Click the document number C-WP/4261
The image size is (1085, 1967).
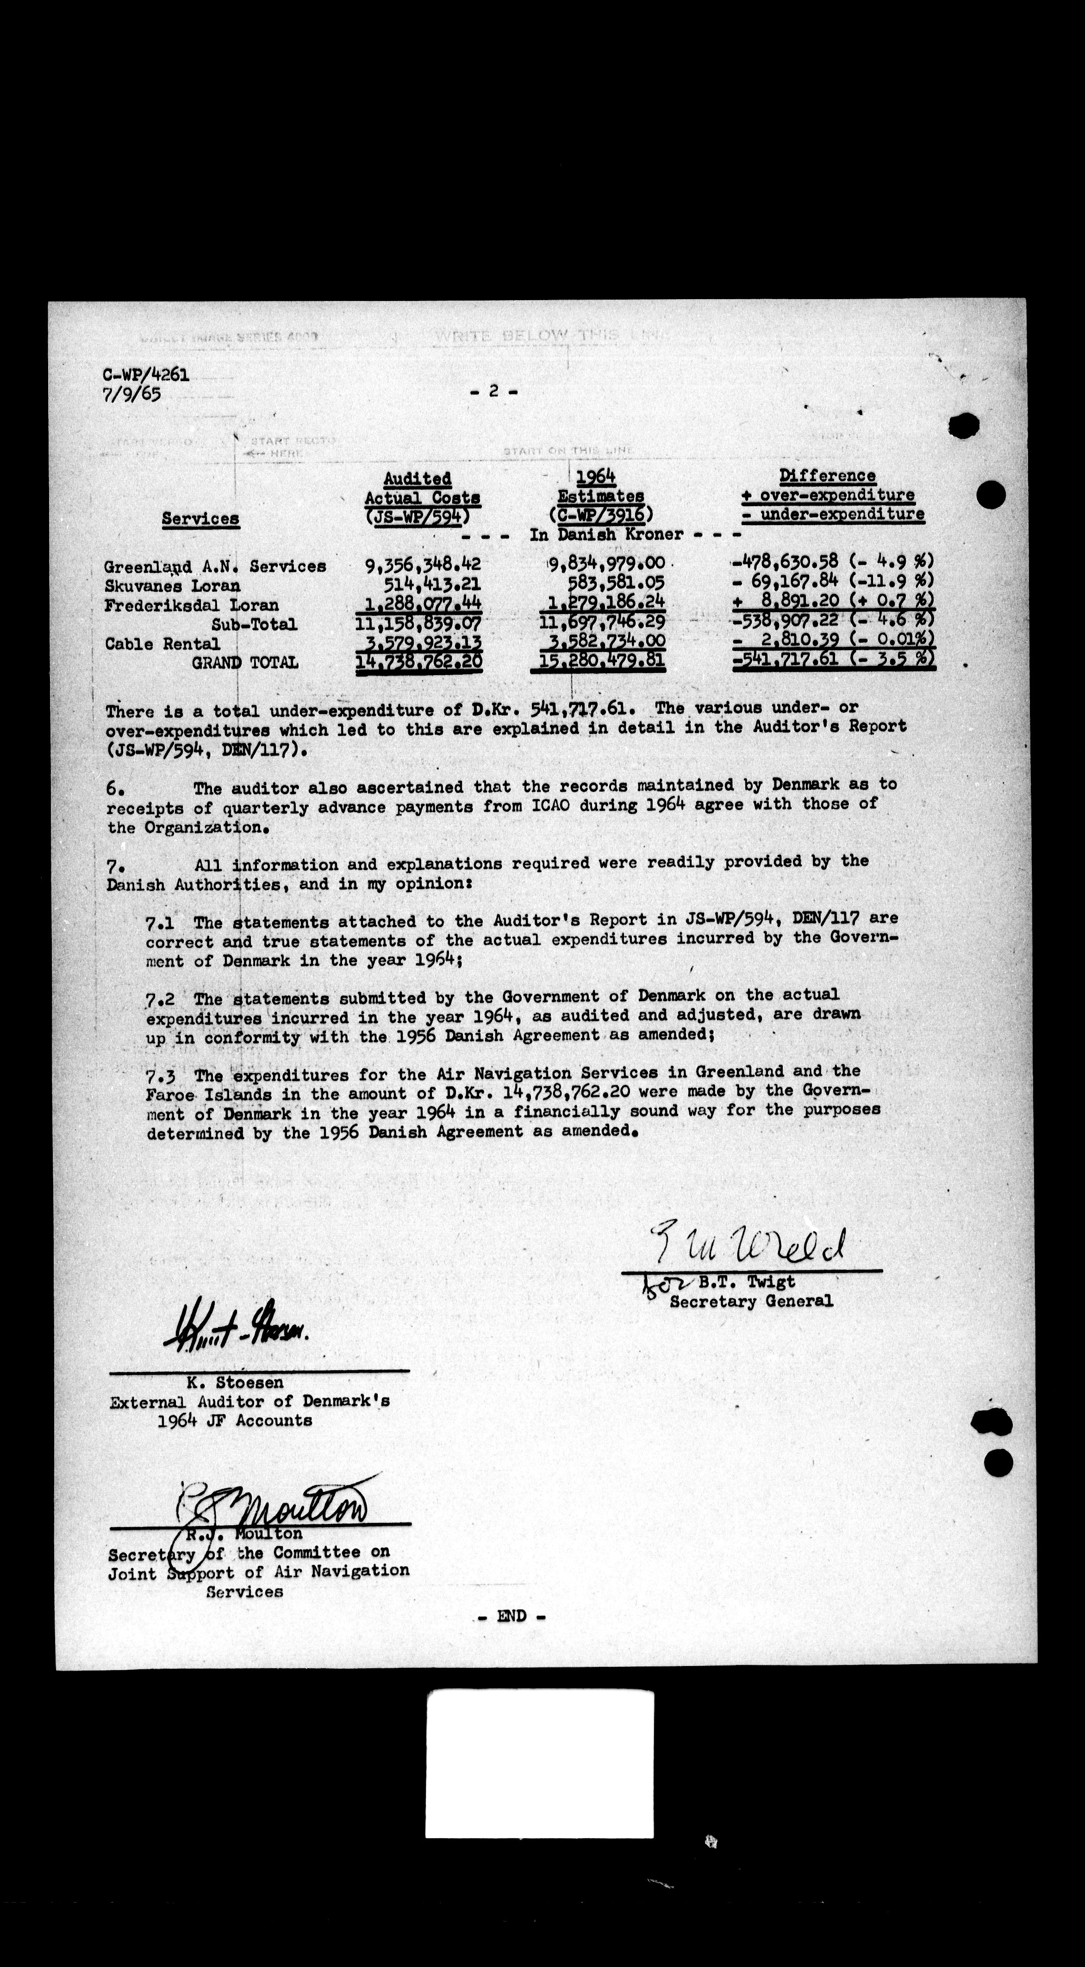145,375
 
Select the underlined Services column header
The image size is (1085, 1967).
200,519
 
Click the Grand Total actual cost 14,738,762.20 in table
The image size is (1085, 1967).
418,661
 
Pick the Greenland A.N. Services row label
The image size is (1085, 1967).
215,567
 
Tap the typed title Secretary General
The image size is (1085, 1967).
751,1301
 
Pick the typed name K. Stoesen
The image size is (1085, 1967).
234,1382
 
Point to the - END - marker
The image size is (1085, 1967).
511,1616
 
